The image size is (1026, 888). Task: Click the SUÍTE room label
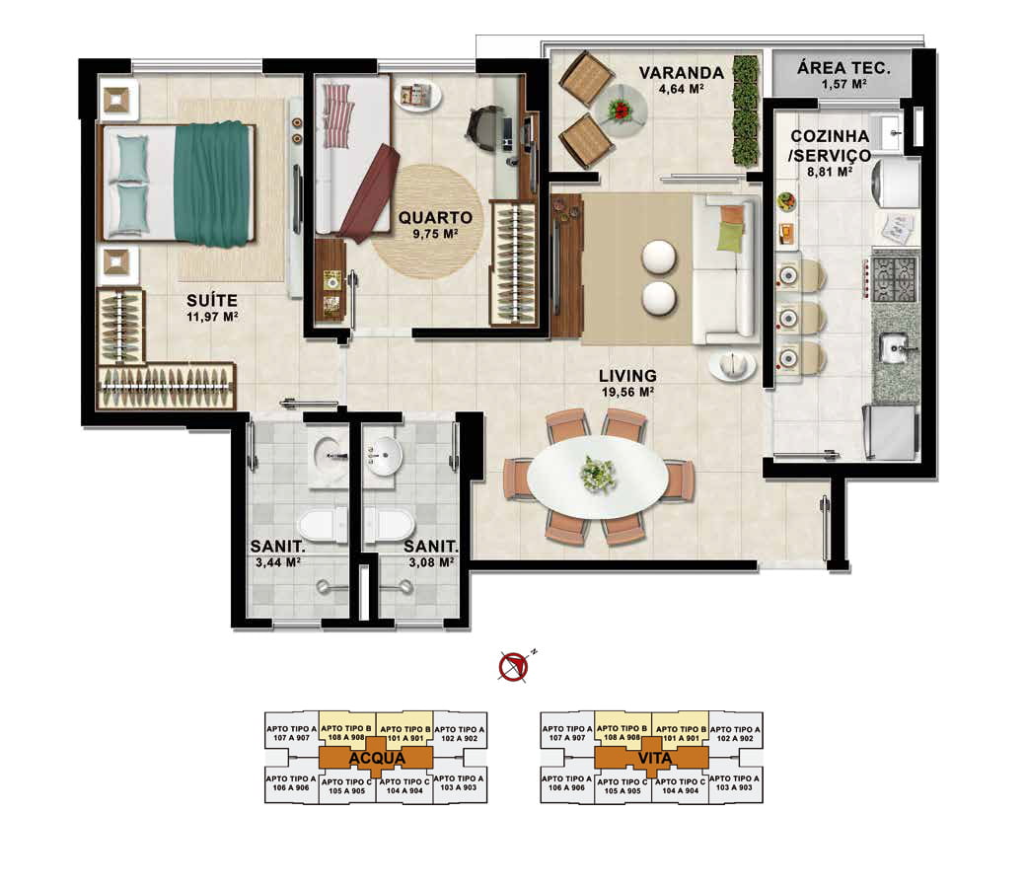click(x=212, y=301)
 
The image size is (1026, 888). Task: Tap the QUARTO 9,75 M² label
click(x=435, y=224)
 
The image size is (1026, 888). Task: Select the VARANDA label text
click(x=681, y=73)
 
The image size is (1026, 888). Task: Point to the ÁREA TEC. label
click(x=844, y=67)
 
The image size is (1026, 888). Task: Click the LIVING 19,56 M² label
click(x=627, y=384)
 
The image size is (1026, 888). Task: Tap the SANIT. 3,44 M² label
click(x=278, y=554)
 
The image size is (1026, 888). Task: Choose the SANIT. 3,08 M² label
click(x=430, y=554)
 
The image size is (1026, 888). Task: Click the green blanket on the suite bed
click(x=213, y=183)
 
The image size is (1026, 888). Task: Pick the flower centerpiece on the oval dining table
click(x=598, y=474)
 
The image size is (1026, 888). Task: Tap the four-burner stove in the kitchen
click(x=894, y=279)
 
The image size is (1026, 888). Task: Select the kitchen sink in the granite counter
click(x=896, y=348)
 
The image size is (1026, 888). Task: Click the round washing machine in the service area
click(x=895, y=183)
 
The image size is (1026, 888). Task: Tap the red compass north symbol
click(x=514, y=666)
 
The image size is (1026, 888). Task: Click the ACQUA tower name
click(x=377, y=759)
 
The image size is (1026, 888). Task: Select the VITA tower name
click(x=654, y=759)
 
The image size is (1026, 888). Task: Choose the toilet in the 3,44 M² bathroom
click(x=324, y=525)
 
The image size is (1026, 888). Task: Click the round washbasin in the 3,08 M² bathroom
click(x=384, y=455)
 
